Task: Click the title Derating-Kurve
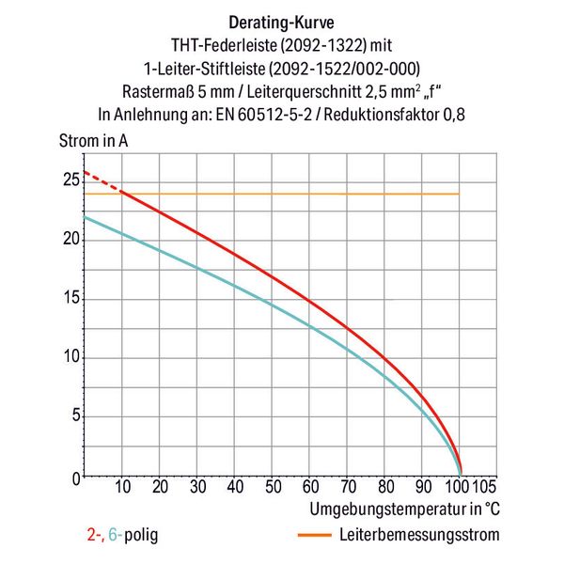tap(281, 21)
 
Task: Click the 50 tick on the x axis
tap(273, 489)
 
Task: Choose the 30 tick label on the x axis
tap(197, 489)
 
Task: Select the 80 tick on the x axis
tap(384, 489)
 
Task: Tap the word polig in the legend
tap(139, 536)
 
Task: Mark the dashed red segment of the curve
tap(102, 181)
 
